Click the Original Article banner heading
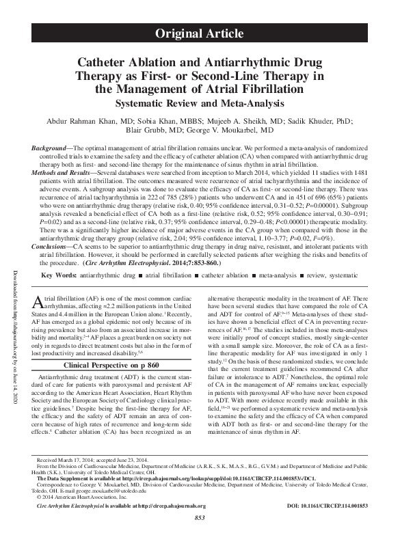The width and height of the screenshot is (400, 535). pos(200,33)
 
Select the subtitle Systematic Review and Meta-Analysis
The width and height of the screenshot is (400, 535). pos(200,103)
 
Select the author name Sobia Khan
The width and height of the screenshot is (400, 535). pos(150,120)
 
